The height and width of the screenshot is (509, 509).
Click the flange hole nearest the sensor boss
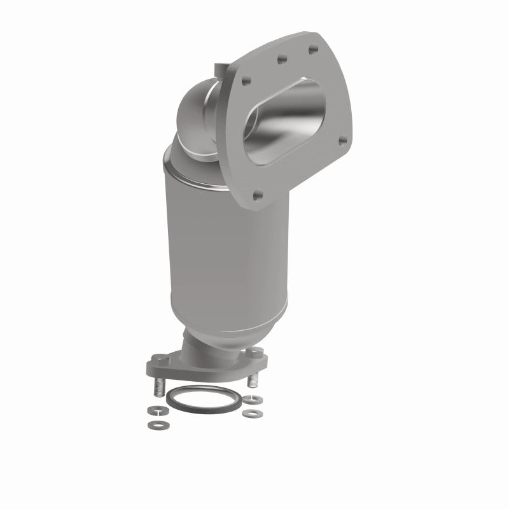click(x=249, y=81)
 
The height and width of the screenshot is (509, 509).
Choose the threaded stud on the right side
click(x=253, y=380)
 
